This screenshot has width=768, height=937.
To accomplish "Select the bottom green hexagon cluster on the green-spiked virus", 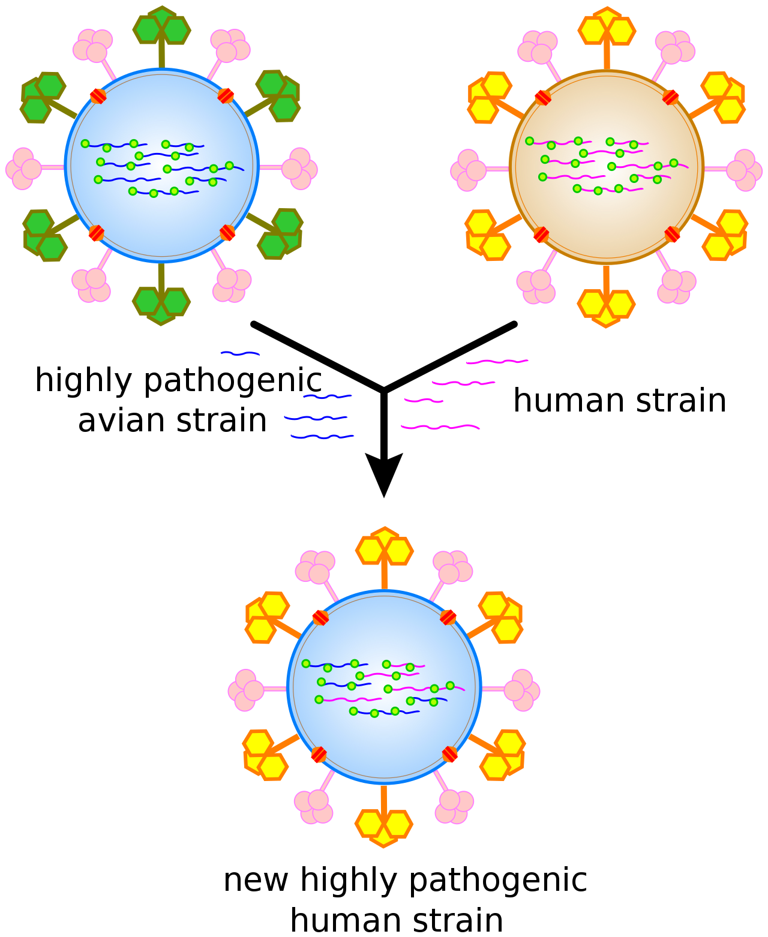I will click(161, 304).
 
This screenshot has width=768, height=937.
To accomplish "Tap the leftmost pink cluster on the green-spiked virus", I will click(23, 169).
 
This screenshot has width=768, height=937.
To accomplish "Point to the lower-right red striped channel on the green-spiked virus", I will click(227, 233).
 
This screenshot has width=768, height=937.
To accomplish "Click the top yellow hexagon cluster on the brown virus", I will click(607, 28).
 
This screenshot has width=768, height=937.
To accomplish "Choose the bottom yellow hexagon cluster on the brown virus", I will click(606, 307).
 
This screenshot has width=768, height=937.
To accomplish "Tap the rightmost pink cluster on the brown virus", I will click(744, 170).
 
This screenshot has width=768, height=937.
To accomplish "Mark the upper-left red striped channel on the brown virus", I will click(543, 98).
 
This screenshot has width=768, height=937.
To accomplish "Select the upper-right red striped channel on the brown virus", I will click(670, 98).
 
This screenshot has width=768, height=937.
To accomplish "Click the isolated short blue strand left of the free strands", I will click(240, 354).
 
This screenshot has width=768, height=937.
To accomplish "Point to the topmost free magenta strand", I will click(497, 362).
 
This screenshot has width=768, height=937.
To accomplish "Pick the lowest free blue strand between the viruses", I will click(322, 437).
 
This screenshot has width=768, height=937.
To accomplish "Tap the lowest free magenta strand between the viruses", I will click(440, 427).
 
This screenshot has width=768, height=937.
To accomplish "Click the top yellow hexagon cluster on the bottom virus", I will click(385, 548).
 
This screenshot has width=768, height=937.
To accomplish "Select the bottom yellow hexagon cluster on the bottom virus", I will click(384, 826).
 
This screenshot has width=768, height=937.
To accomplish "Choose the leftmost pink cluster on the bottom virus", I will click(245, 690).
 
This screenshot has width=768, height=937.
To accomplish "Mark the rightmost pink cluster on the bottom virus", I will click(522, 690).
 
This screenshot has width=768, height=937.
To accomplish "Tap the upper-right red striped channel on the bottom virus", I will click(448, 617).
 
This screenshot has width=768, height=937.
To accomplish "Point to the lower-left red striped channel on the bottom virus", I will click(319, 755).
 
